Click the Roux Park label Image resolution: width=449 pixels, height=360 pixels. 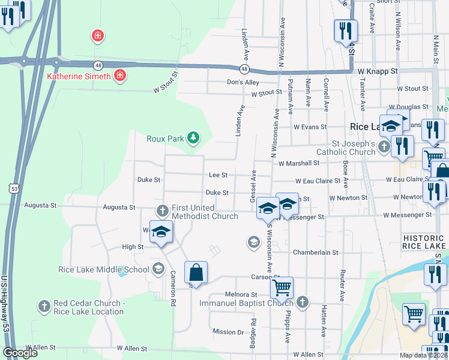[165, 139]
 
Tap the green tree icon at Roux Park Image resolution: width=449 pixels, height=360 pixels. [193, 139]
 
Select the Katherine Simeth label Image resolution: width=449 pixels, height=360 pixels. [79, 76]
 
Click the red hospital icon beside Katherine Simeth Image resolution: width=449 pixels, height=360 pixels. [120, 76]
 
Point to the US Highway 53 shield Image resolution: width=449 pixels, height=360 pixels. [15, 188]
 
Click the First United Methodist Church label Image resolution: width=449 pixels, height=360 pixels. [205, 212]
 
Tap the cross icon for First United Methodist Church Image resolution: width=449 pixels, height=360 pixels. [162, 211]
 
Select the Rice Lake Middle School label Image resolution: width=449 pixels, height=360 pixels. [103, 269]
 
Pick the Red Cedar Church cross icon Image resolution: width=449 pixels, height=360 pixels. [43, 307]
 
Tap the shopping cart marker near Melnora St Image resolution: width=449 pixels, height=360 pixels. [281, 287]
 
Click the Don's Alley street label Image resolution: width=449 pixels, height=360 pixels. [243, 82]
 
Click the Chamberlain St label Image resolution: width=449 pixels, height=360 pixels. [313, 253]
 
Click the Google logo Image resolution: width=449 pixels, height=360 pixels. [20, 353]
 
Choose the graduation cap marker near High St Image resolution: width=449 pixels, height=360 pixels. [161, 232]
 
